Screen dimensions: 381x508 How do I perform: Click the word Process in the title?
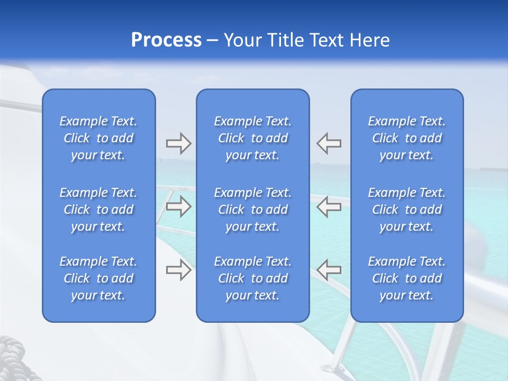(166, 40)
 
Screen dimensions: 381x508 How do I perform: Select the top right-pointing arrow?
(178, 143)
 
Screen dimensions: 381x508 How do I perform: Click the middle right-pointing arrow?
(178, 206)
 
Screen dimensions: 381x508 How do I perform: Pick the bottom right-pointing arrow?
(178, 270)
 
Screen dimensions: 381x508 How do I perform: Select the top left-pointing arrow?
(329, 143)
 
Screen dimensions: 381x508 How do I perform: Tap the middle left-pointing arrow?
(329, 206)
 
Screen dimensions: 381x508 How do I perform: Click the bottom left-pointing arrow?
(329, 270)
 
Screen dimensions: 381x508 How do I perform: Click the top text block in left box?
(98, 138)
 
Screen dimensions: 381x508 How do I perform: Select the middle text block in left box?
(98, 210)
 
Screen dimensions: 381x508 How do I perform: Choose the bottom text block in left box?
(98, 278)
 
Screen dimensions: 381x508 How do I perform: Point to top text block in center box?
(252, 138)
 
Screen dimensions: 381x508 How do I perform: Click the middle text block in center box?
(252, 210)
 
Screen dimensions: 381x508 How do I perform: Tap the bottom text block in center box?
(252, 278)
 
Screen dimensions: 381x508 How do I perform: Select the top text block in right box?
(407, 138)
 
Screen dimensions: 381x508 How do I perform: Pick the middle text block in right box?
(407, 210)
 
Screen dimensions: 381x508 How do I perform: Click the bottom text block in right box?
(407, 278)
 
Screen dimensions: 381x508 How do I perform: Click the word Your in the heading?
(243, 40)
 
